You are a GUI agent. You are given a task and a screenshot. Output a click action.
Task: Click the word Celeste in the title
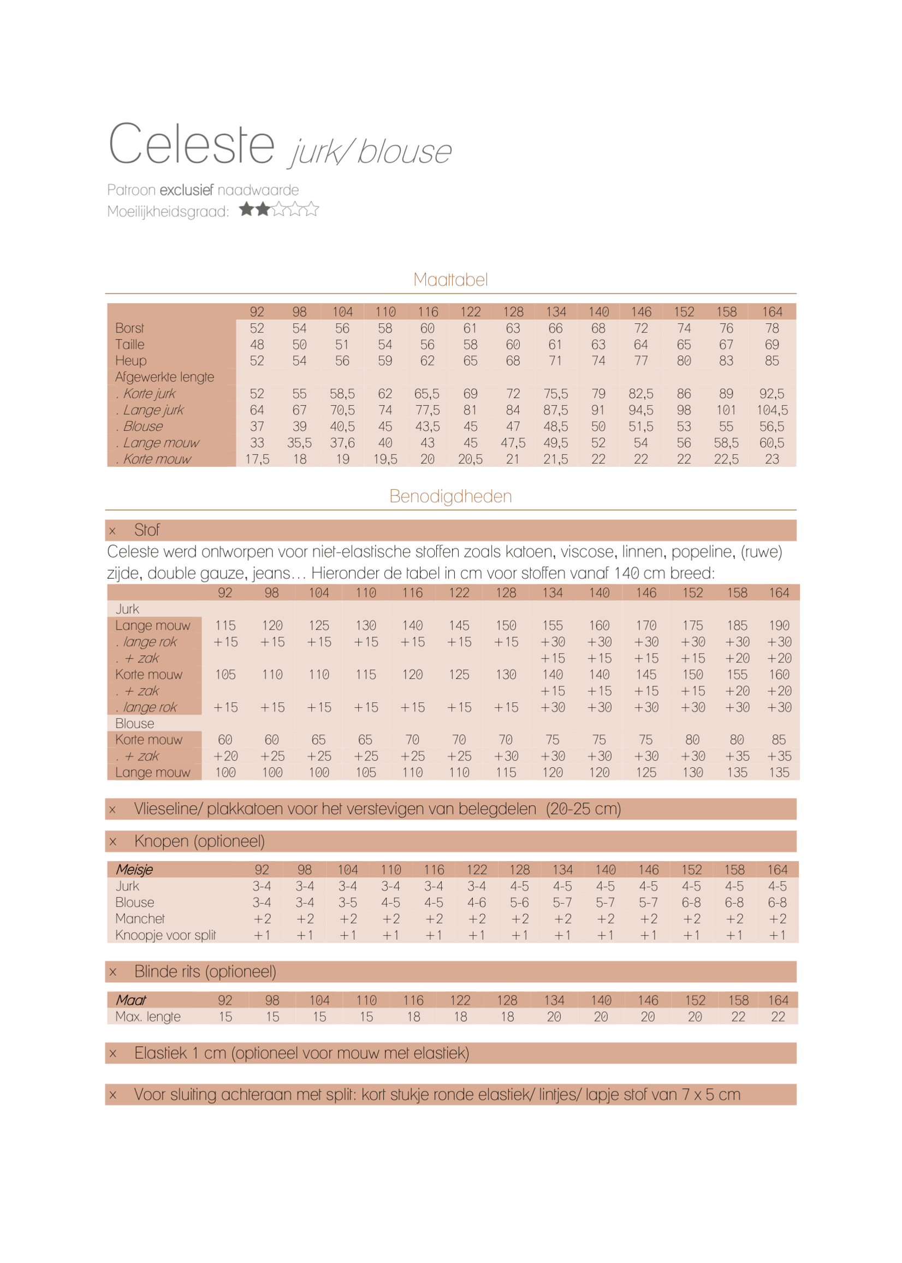pos(191,144)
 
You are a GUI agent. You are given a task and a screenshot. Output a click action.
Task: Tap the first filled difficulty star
pos(247,209)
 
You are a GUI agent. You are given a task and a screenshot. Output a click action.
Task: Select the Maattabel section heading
pos(450,280)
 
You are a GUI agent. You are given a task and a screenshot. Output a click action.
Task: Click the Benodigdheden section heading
pos(450,496)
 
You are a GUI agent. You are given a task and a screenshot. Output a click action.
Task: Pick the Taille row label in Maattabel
pos(130,345)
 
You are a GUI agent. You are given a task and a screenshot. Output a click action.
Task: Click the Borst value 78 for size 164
pos(772,328)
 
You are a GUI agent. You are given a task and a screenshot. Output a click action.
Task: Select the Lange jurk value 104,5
pos(772,410)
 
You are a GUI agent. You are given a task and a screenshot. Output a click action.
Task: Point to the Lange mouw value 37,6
pos(342,443)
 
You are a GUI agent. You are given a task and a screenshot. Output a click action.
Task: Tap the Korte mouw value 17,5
pos(257,459)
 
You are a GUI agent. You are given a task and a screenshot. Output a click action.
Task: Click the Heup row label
pos(131,361)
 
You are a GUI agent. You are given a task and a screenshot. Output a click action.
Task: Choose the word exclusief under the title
pos(187,190)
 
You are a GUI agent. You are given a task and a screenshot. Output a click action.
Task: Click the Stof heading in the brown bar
pos(147,530)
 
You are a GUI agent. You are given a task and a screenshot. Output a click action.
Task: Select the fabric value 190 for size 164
pos(779,625)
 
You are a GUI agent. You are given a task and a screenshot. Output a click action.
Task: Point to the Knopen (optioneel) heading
pos(199,841)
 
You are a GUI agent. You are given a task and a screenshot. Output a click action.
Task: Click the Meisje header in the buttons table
pos(134,870)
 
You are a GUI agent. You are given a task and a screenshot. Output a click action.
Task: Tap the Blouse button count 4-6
pos(477,903)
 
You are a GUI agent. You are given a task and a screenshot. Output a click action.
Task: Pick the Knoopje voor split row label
pos(165,935)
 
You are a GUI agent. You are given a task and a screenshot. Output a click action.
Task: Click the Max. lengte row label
pos(148,1017)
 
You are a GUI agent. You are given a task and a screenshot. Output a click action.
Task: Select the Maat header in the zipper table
pos(131,1000)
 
